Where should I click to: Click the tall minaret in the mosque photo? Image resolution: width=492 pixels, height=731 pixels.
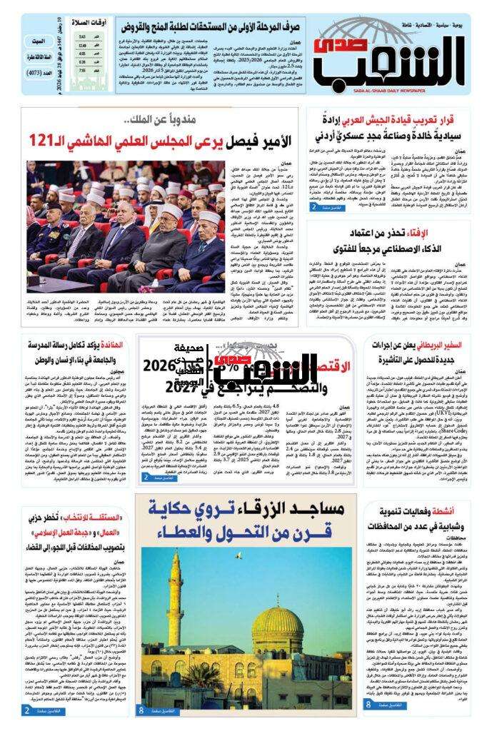176,628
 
